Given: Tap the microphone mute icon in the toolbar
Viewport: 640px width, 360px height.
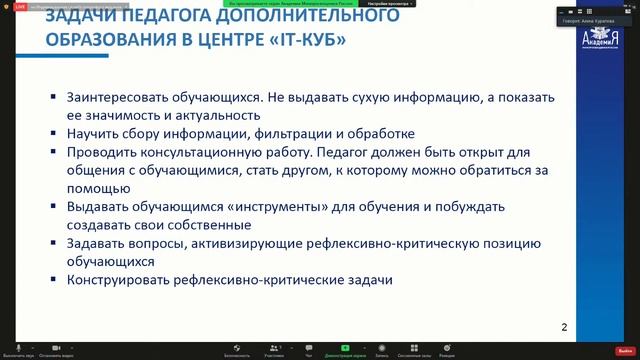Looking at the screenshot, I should tap(19, 347).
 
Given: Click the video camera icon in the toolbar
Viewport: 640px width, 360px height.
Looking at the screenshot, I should tap(57, 347).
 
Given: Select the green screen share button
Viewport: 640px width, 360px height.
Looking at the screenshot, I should tap(344, 347).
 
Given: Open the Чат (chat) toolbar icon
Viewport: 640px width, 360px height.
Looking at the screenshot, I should tap(308, 347).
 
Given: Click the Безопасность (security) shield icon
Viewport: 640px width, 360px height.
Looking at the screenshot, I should tap(236, 347).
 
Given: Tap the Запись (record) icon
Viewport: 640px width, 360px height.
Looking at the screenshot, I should tap(381, 347).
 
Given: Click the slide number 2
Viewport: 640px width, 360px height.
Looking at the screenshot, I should tap(564, 327).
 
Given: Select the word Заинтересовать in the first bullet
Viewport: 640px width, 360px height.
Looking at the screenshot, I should tap(115, 98).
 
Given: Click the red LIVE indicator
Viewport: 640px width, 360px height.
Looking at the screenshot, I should tap(19, 6).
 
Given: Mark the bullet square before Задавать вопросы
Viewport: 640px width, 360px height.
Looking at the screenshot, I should tap(54, 243).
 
